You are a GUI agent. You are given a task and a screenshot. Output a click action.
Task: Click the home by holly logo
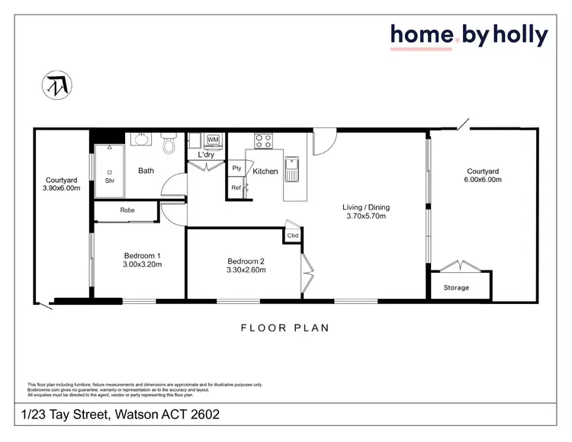coord(468,36)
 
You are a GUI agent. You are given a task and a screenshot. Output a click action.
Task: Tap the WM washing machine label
coord(213,140)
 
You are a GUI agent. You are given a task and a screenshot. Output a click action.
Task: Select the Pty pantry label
coord(236,168)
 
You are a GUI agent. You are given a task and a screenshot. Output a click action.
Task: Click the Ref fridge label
coord(236,187)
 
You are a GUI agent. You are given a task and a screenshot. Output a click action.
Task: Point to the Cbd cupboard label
coord(292,235)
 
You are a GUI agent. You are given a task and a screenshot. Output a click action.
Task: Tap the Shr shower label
coord(109,181)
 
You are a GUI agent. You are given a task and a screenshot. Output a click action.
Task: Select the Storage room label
coord(456,287)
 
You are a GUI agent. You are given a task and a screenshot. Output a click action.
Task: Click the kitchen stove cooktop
coord(263,140)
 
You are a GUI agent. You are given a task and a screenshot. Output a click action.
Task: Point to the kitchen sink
coord(292,171)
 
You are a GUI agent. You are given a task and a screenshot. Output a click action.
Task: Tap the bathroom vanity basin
coord(141,139)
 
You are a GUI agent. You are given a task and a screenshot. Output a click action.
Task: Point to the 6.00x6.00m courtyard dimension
coord(483,180)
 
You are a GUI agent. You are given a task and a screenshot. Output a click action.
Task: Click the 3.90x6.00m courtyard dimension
coord(63,188)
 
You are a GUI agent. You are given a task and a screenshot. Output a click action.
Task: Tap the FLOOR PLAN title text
coord(284,328)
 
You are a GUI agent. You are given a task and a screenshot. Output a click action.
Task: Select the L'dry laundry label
coord(206,155)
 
